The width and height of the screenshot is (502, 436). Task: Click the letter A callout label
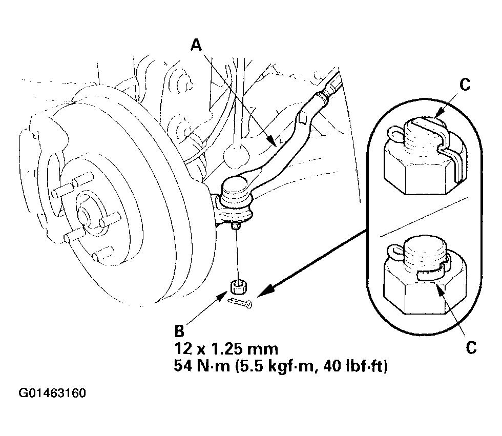coord(196,46)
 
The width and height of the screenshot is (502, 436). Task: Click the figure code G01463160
coord(52,393)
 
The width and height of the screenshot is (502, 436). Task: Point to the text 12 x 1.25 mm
coord(226,349)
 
